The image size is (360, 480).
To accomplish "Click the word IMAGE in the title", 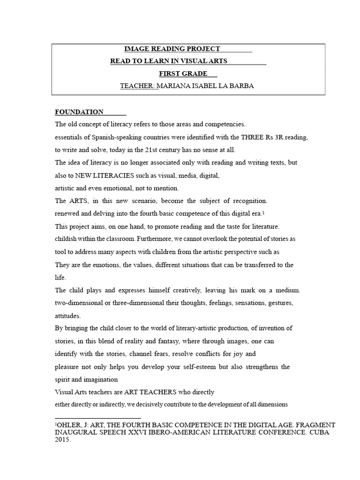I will pos(135,49).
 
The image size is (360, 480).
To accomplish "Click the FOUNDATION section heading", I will pos(79,112).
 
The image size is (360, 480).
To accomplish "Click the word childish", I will pos(67,239).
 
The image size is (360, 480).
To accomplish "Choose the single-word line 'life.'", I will pos(61,277).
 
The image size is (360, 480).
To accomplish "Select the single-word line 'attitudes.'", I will pos(68,315).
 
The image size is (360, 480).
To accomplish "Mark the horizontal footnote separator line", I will pos(98,418).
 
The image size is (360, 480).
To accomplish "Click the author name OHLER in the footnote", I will pos(70,425).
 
